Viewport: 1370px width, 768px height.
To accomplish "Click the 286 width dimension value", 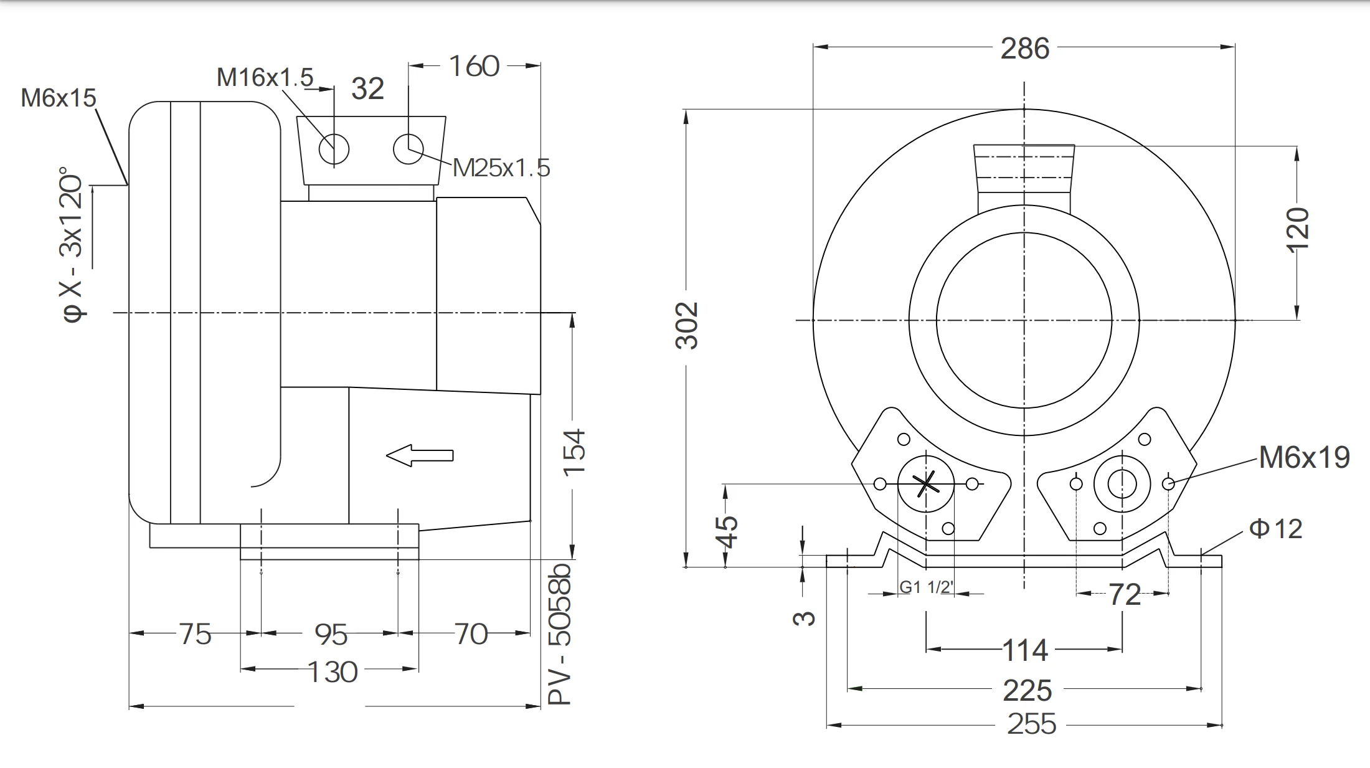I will coord(1024,49).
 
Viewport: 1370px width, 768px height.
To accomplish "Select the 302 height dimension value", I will coord(687,326).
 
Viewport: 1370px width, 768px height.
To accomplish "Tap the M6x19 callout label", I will coord(1303,458).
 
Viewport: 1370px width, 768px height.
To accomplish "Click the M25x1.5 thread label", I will coord(501,168).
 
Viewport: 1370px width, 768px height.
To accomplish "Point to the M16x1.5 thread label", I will coord(265,78).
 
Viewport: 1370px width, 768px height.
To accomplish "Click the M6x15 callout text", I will coord(59,98).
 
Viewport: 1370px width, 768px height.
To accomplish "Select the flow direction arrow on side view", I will coord(420,455).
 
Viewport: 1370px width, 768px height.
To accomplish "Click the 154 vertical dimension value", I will coord(574,453).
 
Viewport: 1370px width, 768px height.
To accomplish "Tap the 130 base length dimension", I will coord(332,672).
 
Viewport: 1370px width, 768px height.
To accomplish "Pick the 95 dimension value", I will coord(331,635).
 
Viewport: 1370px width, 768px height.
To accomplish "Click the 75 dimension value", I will coord(195,634).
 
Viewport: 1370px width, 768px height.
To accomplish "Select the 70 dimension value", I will coord(471,634).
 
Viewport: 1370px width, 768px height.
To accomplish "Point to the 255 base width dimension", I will coord(1031,724).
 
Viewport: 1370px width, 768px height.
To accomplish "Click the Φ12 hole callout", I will coord(1275,529).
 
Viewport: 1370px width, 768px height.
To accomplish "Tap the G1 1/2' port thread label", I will coord(927,587).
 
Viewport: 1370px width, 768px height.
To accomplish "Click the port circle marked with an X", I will coord(926,483).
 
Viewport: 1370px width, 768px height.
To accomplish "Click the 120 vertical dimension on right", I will coord(1298,230).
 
